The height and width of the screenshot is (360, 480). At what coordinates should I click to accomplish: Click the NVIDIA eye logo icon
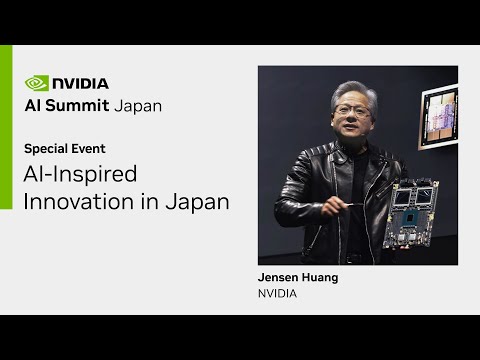tap(36, 83)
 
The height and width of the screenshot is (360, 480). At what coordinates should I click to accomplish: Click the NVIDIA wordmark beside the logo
tap(81, 83)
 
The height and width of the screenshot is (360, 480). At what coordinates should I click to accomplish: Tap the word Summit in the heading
tap(78, 105)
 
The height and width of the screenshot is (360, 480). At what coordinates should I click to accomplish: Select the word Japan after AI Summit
tap(135, 105)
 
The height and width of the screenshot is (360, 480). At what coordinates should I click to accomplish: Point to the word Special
tap(45, 148)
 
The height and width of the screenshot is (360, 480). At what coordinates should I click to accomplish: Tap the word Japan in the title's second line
tap(199, 201)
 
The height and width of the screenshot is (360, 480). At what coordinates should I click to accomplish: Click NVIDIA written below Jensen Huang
tap(278, 295)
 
